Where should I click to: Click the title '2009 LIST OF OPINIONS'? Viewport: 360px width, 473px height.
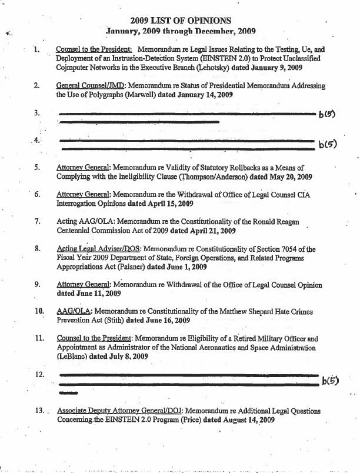181,20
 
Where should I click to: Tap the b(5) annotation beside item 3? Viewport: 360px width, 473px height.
326,114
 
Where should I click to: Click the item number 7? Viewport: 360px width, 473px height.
38,222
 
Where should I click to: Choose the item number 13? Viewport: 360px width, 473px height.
40,411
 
